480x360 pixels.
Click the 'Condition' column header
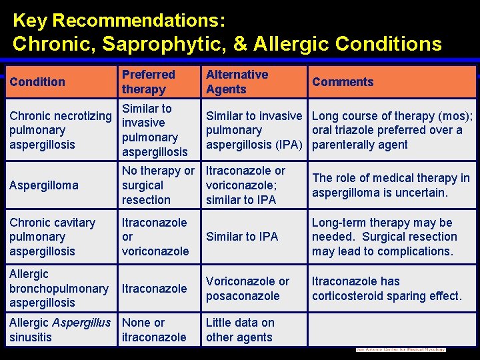37,82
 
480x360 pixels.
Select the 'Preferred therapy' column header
148,82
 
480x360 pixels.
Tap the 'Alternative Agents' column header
237,82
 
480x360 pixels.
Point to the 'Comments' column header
343,82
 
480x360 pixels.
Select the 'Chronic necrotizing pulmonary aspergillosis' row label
60,130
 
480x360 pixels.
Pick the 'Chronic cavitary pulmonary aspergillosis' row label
52,237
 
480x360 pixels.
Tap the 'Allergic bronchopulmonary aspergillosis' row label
59,288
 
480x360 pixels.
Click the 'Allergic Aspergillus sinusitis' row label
60,329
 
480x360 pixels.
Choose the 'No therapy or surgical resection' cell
157,185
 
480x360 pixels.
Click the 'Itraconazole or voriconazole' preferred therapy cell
154,237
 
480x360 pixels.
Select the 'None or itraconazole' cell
154,329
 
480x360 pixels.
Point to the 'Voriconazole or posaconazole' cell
247,288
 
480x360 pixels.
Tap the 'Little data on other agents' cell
240,329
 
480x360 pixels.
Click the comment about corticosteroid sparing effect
387,288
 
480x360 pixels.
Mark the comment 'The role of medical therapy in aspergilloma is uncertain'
391,185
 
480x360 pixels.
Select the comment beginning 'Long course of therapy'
392,130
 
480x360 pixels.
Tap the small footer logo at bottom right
400,349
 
